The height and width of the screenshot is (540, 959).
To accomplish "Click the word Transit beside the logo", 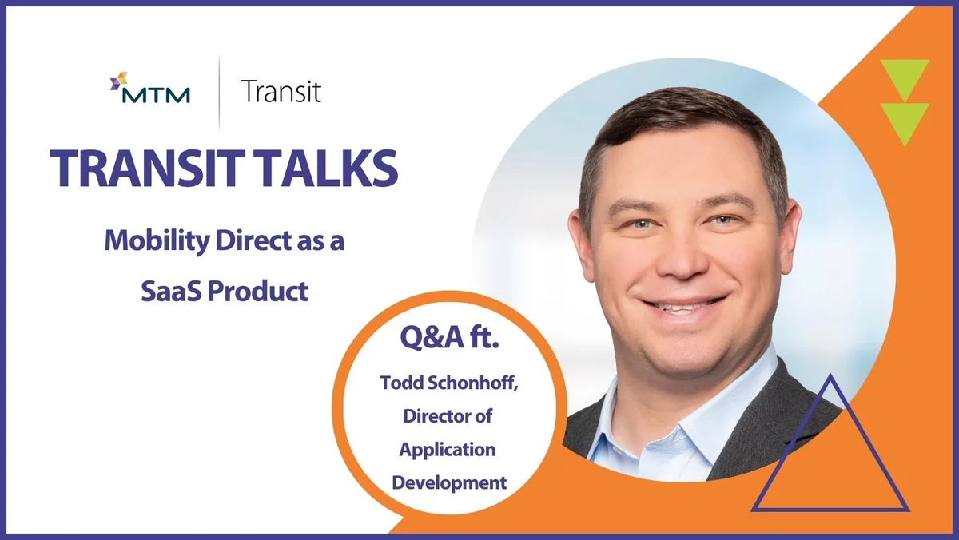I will (281, 92).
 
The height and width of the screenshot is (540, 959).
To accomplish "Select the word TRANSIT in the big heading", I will (140, 168).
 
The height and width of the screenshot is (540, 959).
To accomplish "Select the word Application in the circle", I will (448, 449).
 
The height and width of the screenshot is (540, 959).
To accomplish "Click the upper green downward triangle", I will (904, 79).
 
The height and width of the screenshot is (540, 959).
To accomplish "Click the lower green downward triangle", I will (904, 122).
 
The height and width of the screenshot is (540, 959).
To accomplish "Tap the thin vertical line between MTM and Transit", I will (218, 91).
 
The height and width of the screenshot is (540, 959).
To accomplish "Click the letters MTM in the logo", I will (157, 96).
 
